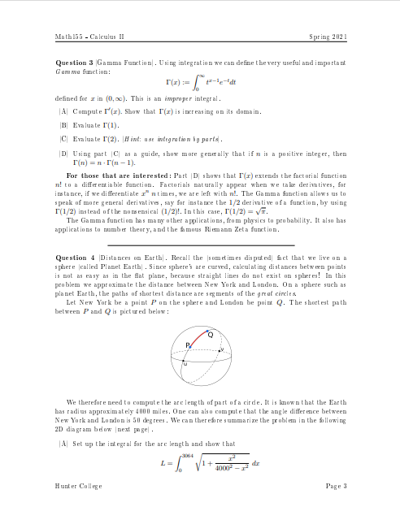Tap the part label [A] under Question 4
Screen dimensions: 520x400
coord(63,445)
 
